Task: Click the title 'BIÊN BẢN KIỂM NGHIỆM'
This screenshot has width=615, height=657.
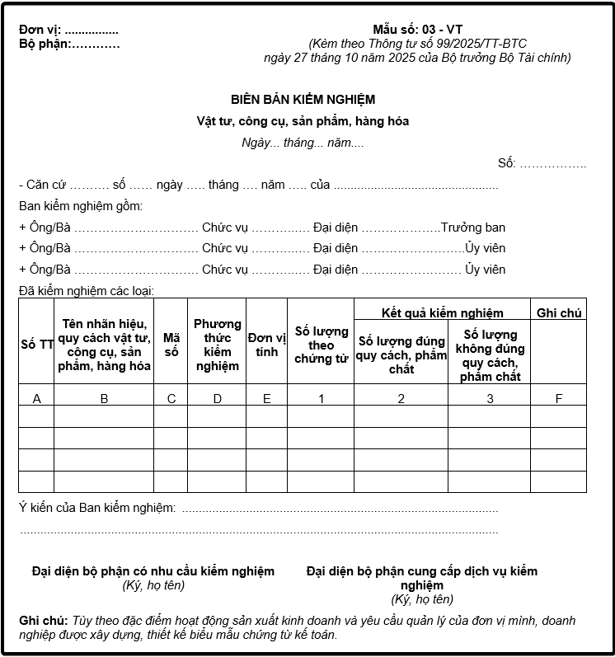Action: (x=303, y=100)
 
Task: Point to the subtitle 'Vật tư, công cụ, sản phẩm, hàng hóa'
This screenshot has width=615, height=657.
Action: (x=303, y=121)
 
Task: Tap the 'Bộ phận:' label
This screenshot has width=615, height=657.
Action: (x=44, y=45)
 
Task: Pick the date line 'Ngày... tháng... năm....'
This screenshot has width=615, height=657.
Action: (x=303, y=143)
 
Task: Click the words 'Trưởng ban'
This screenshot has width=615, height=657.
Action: (x=473, y=228)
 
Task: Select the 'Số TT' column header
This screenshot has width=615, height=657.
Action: (x=36, y=345)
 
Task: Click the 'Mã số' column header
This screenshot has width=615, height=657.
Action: (x=171, y=345)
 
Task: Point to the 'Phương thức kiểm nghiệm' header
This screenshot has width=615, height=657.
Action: (x=217, y=345)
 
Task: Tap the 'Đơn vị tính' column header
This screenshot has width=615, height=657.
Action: (x=266, y=345)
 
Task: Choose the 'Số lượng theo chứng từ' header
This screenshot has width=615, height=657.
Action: (x=321, y=345)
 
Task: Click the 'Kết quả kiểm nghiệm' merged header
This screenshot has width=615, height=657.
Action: (x=442, y=313)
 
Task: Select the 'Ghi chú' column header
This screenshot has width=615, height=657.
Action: (x=558, y=313)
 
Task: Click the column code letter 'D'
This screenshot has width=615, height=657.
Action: (x=217, y=399)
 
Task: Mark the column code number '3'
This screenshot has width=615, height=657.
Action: (x=490, y=399)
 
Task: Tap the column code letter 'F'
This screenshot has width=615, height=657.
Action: (x=558, y=399)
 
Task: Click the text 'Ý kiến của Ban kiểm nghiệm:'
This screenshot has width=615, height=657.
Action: (x=96, y=508)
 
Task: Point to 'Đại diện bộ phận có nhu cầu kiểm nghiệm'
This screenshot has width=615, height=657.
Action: (x=153, y=571)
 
